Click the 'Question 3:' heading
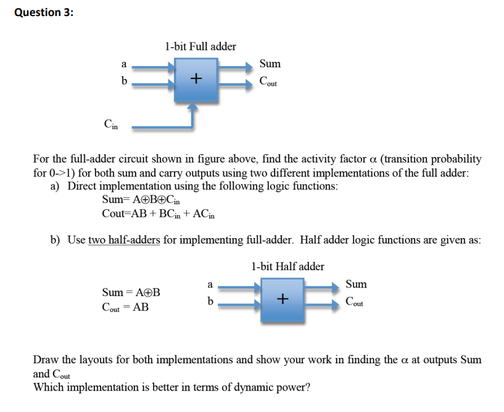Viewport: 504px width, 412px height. pos(43,12)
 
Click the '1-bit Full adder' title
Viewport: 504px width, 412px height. pos(200,46)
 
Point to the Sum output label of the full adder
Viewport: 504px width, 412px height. pos(270,64)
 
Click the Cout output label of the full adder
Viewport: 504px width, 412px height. pos(268,81)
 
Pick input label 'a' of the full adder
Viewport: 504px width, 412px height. pos(123,64)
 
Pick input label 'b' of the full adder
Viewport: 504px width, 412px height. pos(124,81)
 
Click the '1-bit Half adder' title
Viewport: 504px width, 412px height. pos(287,266)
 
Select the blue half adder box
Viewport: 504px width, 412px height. pos(282,300)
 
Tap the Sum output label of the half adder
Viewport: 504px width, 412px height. pos(357,284)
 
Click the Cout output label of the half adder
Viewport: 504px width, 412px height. pos(355,302)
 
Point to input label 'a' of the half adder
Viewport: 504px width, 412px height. pos(210,284)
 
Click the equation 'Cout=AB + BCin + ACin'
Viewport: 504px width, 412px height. pos(159,213)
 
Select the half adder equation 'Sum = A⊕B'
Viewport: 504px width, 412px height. pos(131,292)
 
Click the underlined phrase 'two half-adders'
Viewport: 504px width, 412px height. pos(125,240)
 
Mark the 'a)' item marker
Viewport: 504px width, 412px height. pos(56,186)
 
